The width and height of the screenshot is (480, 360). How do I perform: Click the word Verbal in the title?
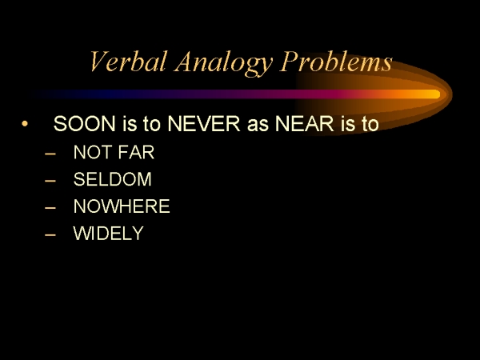(x=129, y=61)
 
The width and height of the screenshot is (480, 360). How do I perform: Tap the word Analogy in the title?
(x=224, y=62)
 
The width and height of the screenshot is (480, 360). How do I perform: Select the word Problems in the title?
(x=336, y=61)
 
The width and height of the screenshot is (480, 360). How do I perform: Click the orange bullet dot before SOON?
(x=25, y=124)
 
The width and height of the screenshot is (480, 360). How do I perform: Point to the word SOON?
(x=85, y=124)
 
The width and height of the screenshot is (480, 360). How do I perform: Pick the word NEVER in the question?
(x=204, y=124)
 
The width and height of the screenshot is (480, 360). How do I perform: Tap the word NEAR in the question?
(x=304, y=124)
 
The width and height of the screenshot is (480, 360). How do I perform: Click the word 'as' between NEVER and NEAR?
(x=258, y=126)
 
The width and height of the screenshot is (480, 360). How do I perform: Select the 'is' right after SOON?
(x=130, y=124)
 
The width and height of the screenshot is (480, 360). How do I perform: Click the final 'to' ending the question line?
(x=370, y=124)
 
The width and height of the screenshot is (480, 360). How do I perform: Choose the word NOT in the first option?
(x=93, y=152)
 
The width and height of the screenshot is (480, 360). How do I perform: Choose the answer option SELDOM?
(x=112, y=179)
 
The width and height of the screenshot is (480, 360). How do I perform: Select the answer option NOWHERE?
(x=122, y=206)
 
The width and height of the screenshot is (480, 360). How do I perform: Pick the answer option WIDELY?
(x=108, y=233)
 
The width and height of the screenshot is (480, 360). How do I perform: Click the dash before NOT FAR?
(x=50, y=154)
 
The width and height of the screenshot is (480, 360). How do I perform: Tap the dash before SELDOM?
(x=50, y=181)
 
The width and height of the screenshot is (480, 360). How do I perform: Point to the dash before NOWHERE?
(x=50, y=207)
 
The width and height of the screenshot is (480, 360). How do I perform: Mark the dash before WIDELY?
(x=50, y=234)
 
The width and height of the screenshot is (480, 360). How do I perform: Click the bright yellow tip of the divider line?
(x=434, y=94)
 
